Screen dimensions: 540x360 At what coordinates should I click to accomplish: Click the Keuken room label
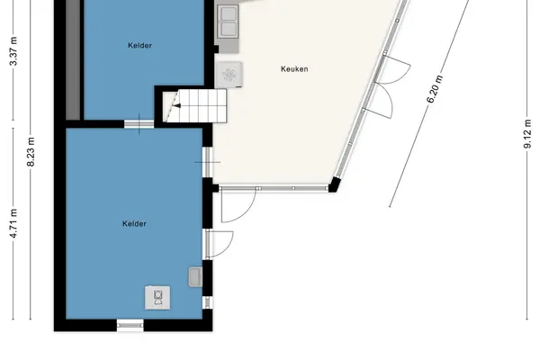(x=294, y=69)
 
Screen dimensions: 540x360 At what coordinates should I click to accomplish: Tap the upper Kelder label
(x=139, y=46)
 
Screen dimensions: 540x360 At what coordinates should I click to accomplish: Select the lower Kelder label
(x=134, y=223)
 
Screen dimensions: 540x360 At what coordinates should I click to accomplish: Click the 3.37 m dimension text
(x=13, y=51)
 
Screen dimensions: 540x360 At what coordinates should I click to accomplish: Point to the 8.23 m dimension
(x=31, y=151)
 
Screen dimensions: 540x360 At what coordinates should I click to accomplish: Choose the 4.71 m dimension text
(x=13, y=223)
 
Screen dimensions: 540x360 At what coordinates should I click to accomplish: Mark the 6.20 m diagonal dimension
(x=435, y=89)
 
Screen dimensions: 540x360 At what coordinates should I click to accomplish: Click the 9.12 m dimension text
(x=527, y=134)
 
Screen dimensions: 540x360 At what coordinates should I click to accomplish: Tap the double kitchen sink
(x=229, y=21)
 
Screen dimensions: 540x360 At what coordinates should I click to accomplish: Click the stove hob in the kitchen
(x=229, y=75)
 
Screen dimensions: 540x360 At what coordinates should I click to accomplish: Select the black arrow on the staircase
(x=176, y=105)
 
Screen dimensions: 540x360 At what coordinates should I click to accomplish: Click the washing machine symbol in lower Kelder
(x=157, y=297)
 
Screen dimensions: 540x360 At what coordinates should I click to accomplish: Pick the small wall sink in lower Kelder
(x=195, y=276)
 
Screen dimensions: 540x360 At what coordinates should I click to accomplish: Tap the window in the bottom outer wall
(x=130, y=325)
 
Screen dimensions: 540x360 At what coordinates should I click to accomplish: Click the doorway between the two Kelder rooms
(x=139, y=123)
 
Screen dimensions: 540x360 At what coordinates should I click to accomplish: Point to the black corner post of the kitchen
(x=335, y=184)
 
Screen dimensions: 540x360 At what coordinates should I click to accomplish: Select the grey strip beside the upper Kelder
(x=73, y=59)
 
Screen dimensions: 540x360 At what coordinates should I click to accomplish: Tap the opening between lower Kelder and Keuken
(x=207, y=162)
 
